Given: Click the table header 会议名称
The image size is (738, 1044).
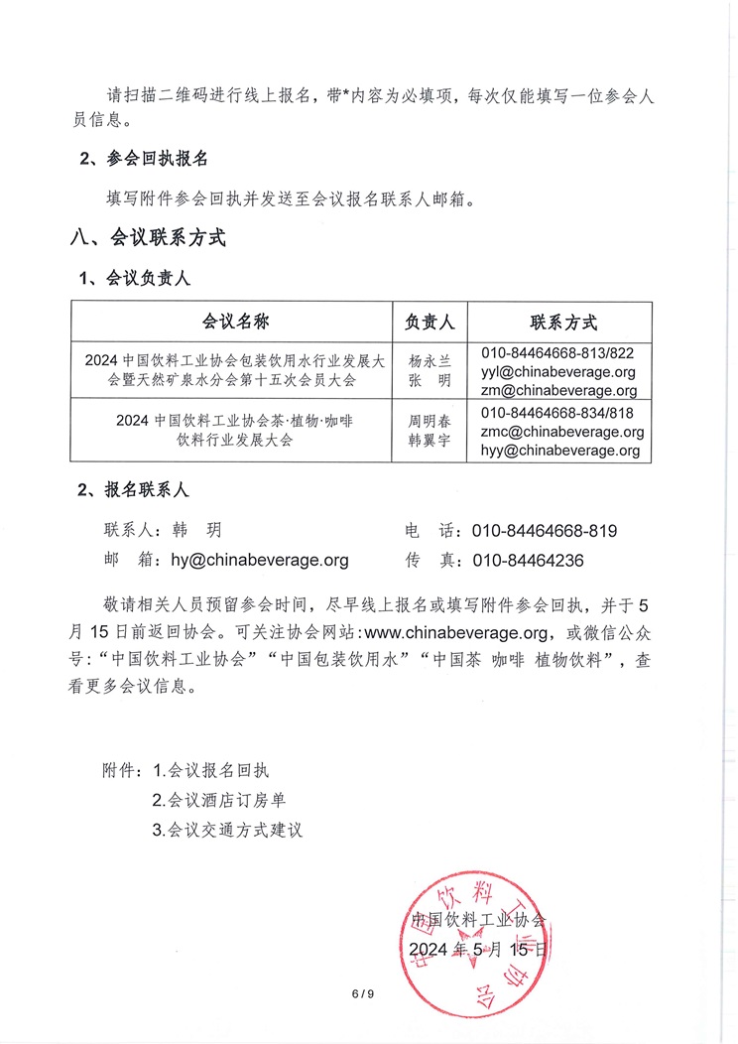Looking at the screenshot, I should click(236, 322).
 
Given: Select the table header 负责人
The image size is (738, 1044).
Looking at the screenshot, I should click(430, 322).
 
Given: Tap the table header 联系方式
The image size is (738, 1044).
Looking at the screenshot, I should click(562, 322).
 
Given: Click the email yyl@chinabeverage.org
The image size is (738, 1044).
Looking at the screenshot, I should click(557, 372).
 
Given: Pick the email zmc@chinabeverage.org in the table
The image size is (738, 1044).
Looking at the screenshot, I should click(562, 432).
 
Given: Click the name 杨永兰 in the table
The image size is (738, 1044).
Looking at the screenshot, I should click(430, 362).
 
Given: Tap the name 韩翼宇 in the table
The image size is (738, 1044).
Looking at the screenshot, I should click(430, 441).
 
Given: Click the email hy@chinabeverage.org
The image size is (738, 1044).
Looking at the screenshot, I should click(260, 560).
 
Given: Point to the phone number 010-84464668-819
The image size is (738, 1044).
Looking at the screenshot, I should click(545, 531).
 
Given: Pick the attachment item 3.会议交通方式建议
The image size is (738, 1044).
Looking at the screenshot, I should click(227, 830).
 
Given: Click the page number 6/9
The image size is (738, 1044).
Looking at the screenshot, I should click(363, 995).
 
